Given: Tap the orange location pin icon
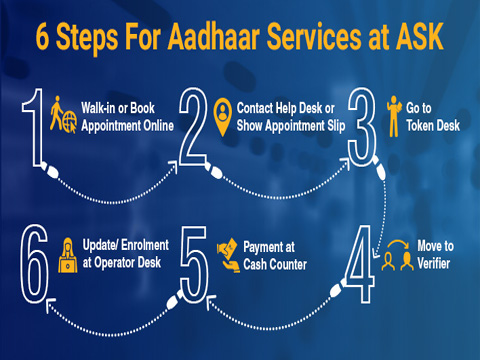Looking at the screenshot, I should [224, 112].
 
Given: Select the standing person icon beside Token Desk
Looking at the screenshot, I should [394, 114].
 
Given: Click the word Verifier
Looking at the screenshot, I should [433, 265].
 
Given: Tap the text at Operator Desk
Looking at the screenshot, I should [121, 264].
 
